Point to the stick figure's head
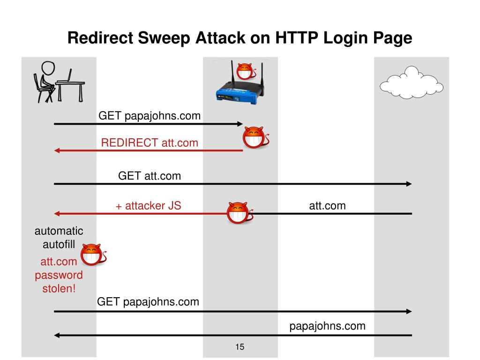click(x=47, y=68)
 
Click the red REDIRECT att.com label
click(x=150, y=143)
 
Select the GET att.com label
click(x=149, y=176)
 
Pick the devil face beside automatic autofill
click(x=92, y=255)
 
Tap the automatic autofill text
click(x=59, y=238)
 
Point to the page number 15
click(x=240, y=347)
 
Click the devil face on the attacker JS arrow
click(x=238, y=213)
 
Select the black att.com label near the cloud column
click(x=327, y=205)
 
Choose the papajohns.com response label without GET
click(x=327, y=326)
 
